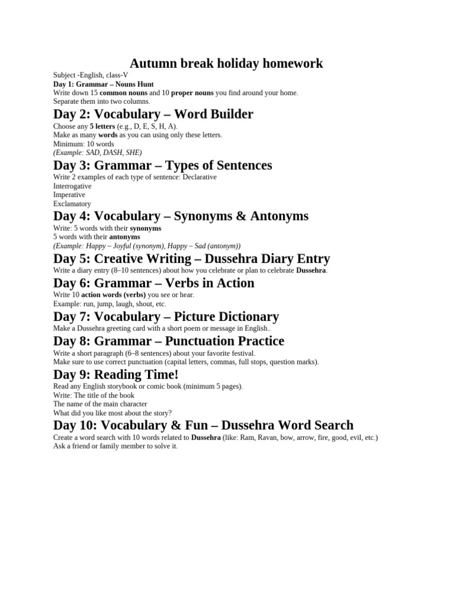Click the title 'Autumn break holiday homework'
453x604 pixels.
point(226,63)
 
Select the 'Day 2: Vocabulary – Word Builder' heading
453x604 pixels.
point(153,114)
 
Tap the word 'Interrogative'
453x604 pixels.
point(73,186)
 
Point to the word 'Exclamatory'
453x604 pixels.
point(72,203)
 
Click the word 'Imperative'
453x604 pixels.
point(69,195)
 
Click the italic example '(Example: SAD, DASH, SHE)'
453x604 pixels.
point(97,152)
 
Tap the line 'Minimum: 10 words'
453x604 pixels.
point(84,143)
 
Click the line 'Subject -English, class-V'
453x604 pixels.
point(90,75)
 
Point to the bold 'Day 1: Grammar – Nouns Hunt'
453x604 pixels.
point(103,84)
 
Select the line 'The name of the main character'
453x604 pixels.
point(100,404)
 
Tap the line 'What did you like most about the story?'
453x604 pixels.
point(113,413)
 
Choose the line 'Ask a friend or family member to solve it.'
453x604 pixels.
point(115,447)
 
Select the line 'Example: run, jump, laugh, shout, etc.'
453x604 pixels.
point(110,303)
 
